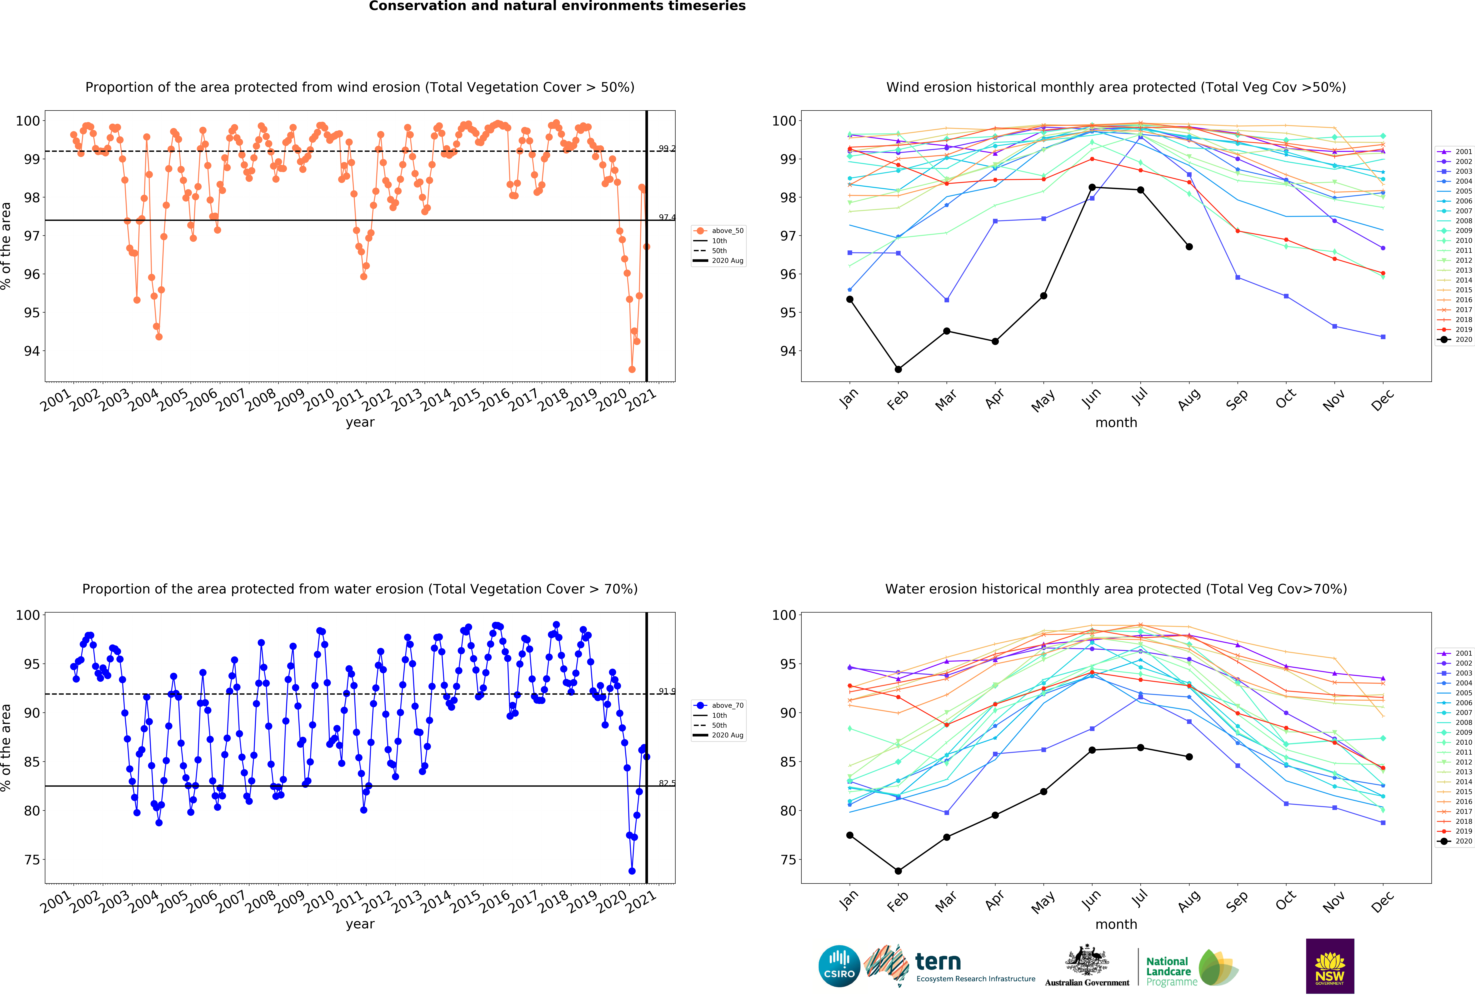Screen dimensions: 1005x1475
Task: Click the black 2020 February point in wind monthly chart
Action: (x=898, y=369)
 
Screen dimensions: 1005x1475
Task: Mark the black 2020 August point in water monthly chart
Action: (x=1189, y=757)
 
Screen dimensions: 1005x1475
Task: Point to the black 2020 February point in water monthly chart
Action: (x=898, y=871)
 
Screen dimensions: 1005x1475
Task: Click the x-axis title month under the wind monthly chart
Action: (x=1116, y=423)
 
